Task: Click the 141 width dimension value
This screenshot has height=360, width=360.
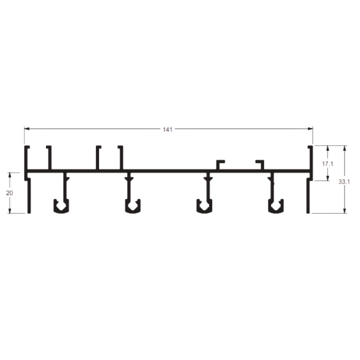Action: (x=168, y=130)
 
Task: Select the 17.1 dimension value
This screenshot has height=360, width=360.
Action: (x=327, y=164)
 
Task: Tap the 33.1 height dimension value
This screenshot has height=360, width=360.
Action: (x=344, y=182)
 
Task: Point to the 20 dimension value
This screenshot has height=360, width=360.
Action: (x=10, y=193)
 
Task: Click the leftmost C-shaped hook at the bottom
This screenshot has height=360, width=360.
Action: (x=61, y=211)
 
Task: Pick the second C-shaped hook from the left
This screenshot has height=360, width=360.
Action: (x=133, y=211)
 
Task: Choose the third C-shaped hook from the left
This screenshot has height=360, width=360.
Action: (x=204, y=211)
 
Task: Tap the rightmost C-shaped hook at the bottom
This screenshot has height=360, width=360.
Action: (x=276, y=211)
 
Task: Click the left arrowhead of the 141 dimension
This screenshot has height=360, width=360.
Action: (x=27, y=129)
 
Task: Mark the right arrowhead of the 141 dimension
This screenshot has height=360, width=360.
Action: (x=310, y=129)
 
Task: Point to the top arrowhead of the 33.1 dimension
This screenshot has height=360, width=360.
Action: (x=344, y=148)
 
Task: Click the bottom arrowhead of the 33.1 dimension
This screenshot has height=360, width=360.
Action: (x=344, y=210)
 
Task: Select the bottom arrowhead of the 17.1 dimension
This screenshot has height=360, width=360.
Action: (x=327, y=178)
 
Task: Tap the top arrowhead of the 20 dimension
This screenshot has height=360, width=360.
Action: (x=10, y=175)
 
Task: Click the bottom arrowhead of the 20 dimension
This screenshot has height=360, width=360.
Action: (x=10, y=210)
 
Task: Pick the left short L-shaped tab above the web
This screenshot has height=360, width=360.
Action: (x=220, y=165)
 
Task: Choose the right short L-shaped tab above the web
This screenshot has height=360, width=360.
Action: (x=260, y=165)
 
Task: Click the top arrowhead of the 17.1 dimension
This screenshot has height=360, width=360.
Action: (x=327, y=148)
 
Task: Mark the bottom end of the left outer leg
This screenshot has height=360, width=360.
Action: (x=29, y=213)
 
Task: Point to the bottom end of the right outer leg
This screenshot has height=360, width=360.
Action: (x=308, y=213)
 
